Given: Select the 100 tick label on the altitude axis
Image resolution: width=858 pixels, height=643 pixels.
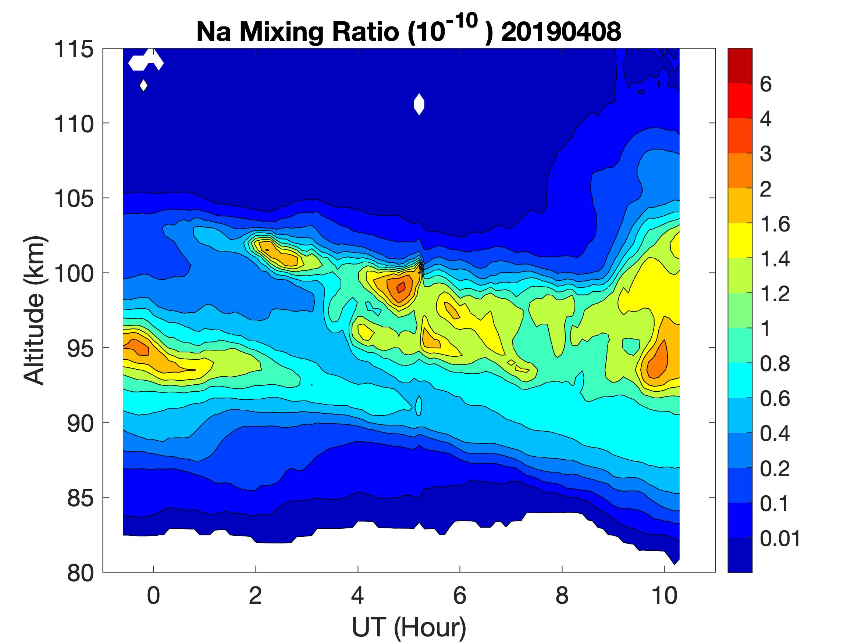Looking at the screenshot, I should pos(74,274).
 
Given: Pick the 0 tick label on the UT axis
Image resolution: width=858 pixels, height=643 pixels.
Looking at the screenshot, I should pos(154,596).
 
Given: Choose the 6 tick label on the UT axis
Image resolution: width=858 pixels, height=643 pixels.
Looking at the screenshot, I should pos(460,596).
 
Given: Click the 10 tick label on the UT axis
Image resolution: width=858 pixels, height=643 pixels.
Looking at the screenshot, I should pos(665,596).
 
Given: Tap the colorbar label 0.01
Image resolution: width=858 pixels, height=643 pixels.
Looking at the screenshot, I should pos(780,539).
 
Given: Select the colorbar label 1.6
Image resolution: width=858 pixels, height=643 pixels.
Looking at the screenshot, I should pos(775,224).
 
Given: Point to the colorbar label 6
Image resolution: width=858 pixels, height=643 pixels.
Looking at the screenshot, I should pos(766,84).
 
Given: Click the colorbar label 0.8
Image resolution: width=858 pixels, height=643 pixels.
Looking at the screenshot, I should pos(775,364).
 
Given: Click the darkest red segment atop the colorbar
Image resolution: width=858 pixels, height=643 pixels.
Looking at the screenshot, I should pos(740,65).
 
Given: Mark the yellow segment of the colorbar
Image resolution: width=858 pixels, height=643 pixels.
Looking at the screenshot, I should pos(740,240).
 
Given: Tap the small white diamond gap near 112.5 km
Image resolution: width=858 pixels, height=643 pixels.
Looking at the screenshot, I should pos(143,85).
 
